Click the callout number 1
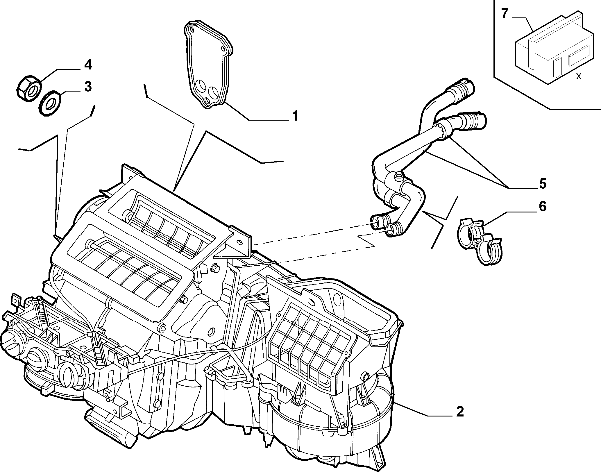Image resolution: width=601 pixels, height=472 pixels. point(295,116)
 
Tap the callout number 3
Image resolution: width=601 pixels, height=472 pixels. point(88,87)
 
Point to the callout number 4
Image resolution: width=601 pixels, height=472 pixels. point(88,65)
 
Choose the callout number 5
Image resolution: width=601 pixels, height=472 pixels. point(542,184)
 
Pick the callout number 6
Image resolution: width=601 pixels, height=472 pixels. point(543,206)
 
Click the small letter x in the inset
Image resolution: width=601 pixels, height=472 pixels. point(579,76)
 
